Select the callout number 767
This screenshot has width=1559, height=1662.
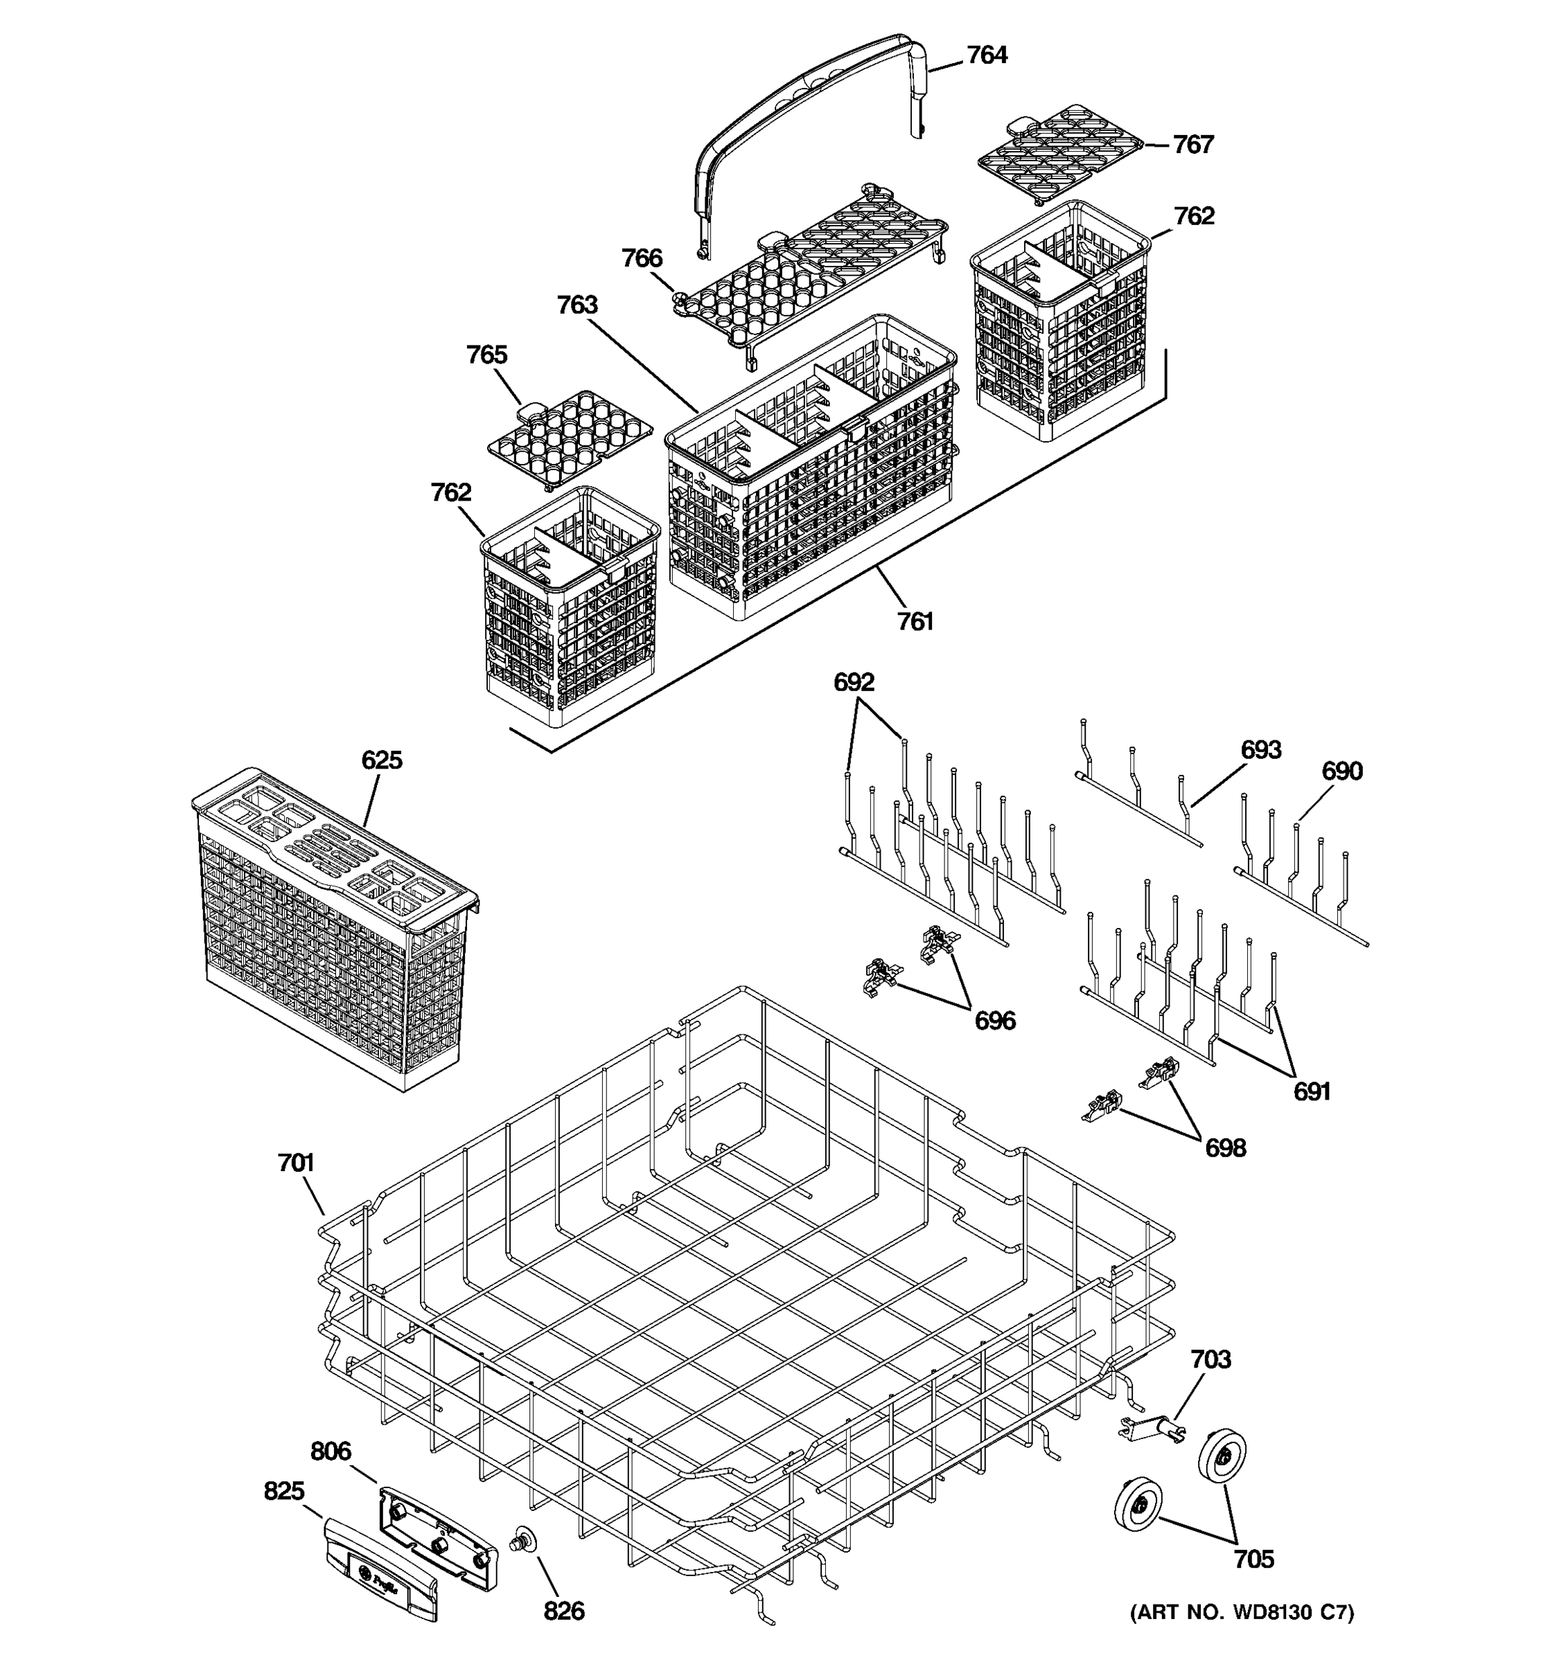coord(1192,145)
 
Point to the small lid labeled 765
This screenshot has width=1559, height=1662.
coord(570,438)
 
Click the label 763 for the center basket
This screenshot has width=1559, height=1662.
coord(577,305)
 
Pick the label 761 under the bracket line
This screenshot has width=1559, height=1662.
coord(915,622)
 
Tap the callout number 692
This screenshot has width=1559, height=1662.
coord(853,682)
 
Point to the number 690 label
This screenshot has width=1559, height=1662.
coord(1341,771)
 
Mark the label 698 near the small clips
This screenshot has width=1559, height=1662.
coord(1225,1148)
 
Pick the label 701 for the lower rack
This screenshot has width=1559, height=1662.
coord(295,1163)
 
